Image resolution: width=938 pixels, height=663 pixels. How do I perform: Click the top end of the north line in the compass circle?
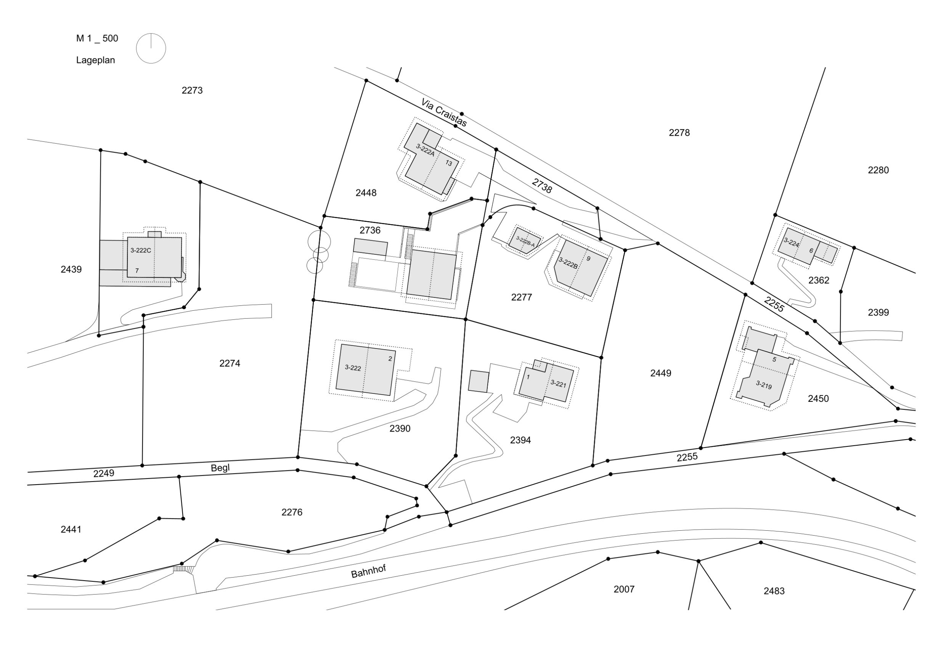tap(151, 34)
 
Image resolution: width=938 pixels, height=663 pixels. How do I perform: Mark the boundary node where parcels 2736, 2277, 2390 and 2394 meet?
tap(466, 319)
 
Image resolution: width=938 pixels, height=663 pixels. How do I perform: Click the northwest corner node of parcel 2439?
tap(101, 150)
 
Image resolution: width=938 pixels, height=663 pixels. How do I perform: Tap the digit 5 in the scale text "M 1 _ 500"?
tap(104, 39)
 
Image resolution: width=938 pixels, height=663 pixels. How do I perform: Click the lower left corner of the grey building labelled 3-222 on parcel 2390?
tap(336, 389)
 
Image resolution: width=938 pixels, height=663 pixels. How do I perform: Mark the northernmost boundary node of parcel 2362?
tap(776, 215)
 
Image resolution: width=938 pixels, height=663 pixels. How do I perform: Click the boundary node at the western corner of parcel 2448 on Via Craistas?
tap(366, 81)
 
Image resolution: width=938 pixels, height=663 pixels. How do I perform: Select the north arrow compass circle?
tap(151, 48)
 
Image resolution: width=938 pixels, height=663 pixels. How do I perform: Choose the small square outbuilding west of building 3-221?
tap(479, 382)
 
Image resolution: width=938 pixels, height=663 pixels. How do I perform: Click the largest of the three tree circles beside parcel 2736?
tap(319, 241)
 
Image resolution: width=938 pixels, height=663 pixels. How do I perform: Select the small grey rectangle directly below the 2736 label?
tap(370, 247)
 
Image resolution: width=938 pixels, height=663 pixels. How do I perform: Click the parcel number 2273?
tap(192, 90)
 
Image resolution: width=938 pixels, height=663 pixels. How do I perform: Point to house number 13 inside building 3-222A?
tap(448, 164)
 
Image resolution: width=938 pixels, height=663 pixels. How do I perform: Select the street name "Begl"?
tap(220, 468)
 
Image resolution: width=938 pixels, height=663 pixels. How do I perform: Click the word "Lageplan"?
tap(96, 61)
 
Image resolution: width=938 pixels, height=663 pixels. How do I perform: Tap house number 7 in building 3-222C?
tap(137, 270)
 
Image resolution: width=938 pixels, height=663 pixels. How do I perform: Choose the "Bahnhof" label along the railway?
tap(368, 571)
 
